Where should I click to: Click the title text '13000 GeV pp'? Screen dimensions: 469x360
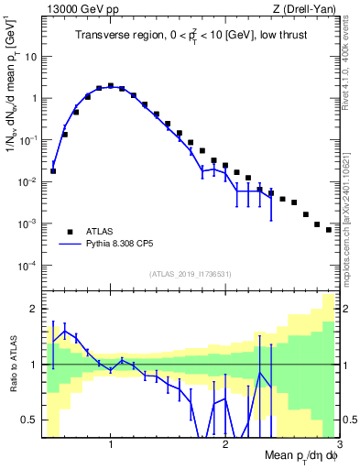(x=75, y=10)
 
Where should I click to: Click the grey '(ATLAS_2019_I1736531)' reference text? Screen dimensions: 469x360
(x=191, y=274)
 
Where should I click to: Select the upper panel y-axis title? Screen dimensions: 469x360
(x=12, y=101)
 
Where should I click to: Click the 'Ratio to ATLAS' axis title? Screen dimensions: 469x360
(x=12, y=365)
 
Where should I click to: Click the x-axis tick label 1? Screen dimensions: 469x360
(x=111, y=445)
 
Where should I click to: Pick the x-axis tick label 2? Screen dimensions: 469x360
(x=225, y=445)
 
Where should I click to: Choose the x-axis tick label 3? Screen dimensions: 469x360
(x=339, y=445)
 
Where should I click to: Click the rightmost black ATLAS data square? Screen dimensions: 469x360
(x=328, y=229)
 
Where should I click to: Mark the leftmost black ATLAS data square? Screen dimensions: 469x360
(x=53, y=170)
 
